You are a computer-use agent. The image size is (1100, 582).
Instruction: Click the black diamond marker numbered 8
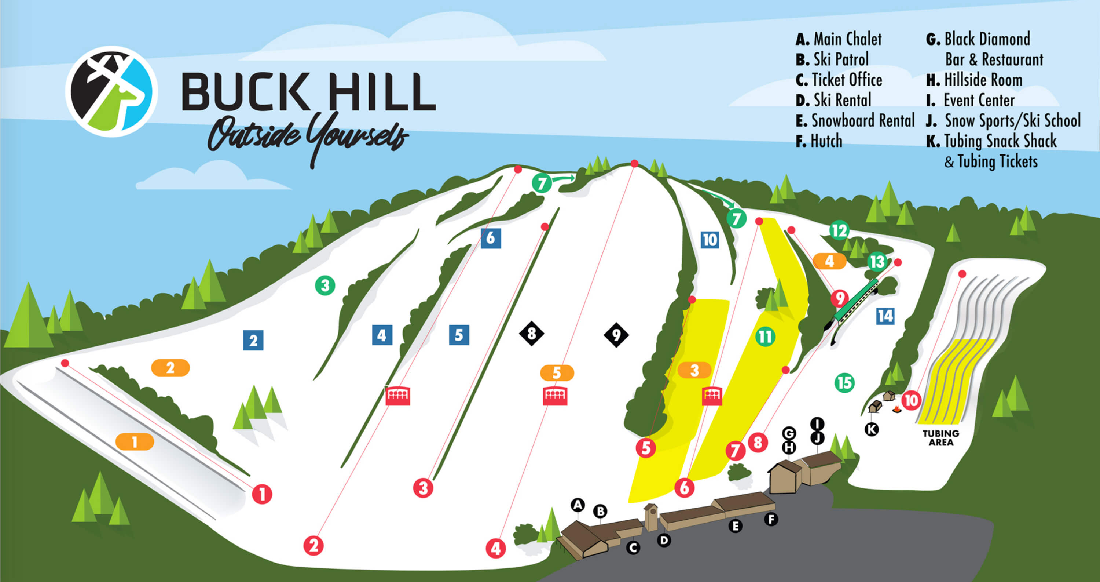(x=532, y=333)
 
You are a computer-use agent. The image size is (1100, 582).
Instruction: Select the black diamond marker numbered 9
(x=616, y=335)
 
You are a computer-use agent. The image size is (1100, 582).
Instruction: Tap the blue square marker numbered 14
(x=885, y=316)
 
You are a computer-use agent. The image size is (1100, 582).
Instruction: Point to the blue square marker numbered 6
(x=491, y=238)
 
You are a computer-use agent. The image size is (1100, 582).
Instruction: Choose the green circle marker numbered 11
(x=765, y=337)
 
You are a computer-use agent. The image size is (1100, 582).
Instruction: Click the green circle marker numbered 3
(x=325, y=285)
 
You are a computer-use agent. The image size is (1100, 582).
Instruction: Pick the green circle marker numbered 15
(x=844, y=382)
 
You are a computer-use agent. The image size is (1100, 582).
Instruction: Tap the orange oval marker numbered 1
(x=135, y=442)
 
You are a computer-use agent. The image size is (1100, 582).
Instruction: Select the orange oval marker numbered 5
(x=557, y=372)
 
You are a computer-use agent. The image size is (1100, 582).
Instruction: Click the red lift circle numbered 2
(x=313, y=546)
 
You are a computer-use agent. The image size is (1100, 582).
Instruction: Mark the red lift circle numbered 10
(x=911, y=400)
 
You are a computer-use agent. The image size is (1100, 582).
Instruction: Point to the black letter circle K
(x=872, y=429)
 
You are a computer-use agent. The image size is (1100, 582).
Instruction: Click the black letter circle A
(x=578, y=505)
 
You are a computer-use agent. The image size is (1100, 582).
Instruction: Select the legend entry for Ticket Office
(x=839, y=80)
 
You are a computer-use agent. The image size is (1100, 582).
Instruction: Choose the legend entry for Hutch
(x=819, y=141)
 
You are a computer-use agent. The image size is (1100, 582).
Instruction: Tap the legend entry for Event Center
(x=970, y=101)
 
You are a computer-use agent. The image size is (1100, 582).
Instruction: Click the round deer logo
(x=111, y=91)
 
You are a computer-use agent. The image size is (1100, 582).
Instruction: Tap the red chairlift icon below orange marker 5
(x=555, y=396)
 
